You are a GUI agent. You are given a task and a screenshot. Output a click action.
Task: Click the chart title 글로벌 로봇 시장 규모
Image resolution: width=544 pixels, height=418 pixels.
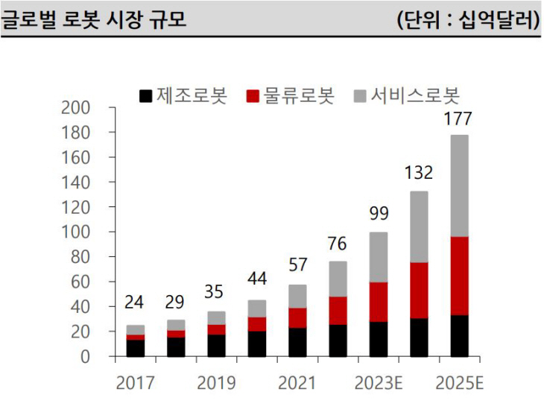click(x=93, y=19)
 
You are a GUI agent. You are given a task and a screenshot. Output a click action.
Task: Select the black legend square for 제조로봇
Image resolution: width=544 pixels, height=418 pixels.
click(x=146, y=96)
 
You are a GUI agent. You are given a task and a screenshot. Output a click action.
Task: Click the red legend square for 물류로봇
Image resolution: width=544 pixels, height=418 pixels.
click(x=253, y=96)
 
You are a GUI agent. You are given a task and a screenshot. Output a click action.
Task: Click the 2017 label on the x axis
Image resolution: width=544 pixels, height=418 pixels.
click(x=135, y=383)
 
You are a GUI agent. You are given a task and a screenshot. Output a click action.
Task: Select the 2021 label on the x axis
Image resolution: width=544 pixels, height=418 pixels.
click(x=297, y=383)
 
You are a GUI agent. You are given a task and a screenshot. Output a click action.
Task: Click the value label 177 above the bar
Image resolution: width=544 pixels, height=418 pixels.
click(x=458, y=119)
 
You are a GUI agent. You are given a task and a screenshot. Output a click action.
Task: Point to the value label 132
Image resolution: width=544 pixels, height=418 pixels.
click(x=418, y=174)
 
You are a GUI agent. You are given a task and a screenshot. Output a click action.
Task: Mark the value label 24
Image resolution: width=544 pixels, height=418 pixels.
click(x=135, y=303)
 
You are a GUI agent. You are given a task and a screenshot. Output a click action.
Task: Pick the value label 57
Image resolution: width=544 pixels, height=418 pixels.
click(x=297, y=265)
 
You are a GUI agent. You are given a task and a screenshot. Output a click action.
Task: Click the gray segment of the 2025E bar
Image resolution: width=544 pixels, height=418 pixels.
click(x=460, y=186)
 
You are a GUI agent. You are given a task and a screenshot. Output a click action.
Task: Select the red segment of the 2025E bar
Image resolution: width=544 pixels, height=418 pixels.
click(x=460, y=276)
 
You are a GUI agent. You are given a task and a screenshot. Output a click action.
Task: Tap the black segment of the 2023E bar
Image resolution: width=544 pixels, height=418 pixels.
click(x=379, y=339)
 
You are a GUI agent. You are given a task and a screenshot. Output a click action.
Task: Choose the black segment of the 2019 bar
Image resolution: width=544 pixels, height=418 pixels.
click(x=216, y=346)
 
